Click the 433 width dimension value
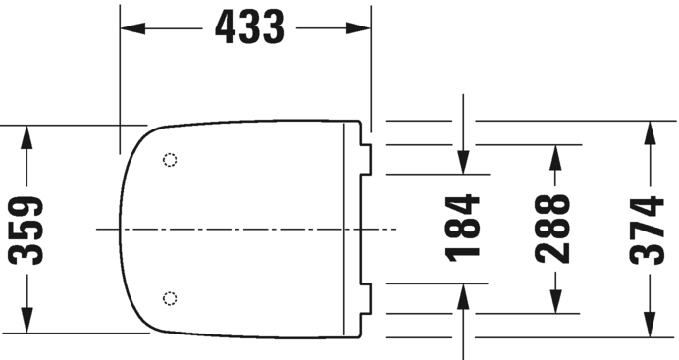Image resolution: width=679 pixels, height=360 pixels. pos(249,28)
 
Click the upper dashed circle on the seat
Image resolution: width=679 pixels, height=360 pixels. pos(170,160)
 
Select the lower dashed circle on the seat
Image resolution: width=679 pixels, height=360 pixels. pos(170,297)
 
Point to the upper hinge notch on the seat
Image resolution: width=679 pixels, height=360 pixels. pos(367,159)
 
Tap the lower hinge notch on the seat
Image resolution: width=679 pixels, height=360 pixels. pos(367,298)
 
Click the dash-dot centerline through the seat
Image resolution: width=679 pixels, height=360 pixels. pos(245,230)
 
